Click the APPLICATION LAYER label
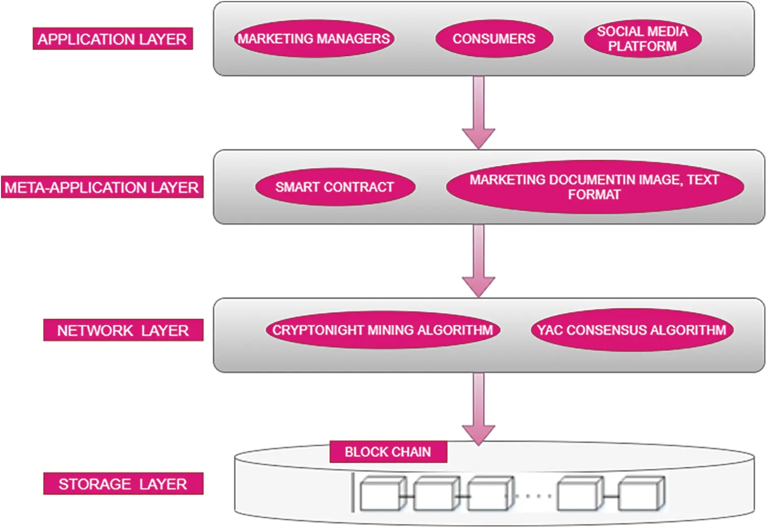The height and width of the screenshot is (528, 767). tap(113, 39)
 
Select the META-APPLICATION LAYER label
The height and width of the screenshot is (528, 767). tap(102, 187)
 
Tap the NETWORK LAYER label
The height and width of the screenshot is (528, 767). tap(123, 330)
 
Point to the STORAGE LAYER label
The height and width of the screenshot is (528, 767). tap(123, 484)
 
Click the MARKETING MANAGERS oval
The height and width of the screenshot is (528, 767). tap(314, 39)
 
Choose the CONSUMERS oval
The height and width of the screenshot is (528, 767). tap(494, 39)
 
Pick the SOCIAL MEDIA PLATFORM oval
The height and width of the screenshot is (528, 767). tap(642, 39)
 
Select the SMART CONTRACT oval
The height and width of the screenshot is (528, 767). tap(335, 187)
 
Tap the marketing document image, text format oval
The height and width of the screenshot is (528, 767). tap(594, 187)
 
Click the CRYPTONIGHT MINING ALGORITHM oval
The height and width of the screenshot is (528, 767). tap(383, 330)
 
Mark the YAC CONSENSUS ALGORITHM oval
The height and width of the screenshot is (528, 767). tap(632, 330)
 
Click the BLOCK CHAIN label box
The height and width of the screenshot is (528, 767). tap(388, 452)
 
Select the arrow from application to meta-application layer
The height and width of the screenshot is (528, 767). tap(479, 112)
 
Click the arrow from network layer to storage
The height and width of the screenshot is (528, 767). tap(479, 407)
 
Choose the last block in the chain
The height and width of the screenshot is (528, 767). tap(641, 494)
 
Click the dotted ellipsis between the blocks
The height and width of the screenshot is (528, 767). tap(535, 495)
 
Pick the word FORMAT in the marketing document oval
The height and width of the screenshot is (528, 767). tap(594, 194)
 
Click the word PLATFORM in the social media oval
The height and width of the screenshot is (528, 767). tap(642, 46)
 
